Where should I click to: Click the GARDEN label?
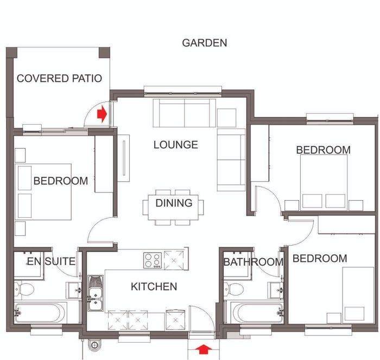pos(205,43)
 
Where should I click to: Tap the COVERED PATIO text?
pos(59,79)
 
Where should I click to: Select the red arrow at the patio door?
pos(102,114)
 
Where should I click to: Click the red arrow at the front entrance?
pos(204,349)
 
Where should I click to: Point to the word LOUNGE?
pos(176,145)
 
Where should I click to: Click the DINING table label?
pos(174,203)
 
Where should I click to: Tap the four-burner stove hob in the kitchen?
pos(153,260)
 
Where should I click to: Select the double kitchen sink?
pos(95,293)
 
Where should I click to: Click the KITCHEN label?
pos(154,287)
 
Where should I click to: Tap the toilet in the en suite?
pos(24,289)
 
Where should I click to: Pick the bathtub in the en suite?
pos(40,312)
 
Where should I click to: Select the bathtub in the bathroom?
pos(257,312)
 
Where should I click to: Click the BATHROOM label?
pos(254,262)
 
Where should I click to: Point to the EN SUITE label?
pos(51,261)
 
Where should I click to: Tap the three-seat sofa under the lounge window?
pos(184,113)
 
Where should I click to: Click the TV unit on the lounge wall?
pos(124,158)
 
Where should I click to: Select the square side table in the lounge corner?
pos(226,118)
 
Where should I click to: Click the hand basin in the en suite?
pos(74,290)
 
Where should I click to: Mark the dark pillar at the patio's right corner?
pos(104,53)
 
